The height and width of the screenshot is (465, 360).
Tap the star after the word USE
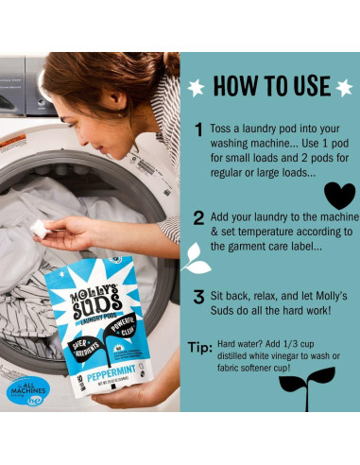tap(343, 87)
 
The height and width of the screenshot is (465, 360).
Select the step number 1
tap(199, 130)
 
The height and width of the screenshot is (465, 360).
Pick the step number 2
tap(199, 218)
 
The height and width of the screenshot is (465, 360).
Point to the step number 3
tap(199, 297)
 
